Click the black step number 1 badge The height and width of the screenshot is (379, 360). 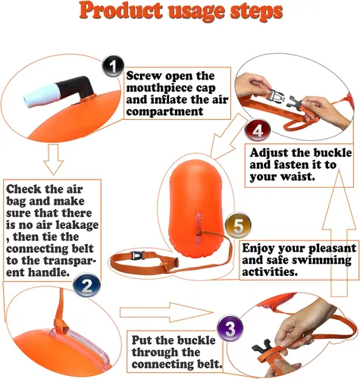point(113,66)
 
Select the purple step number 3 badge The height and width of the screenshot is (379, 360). point(230,328)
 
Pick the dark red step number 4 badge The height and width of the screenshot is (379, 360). point(258,130)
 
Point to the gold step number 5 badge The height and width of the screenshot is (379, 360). point(238,225)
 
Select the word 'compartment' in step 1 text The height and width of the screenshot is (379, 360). point(164,111)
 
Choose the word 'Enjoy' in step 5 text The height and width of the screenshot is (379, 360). point(258,249)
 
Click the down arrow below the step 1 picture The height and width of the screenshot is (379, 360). point(53,159)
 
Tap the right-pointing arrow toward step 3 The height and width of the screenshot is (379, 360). point(166,312)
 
